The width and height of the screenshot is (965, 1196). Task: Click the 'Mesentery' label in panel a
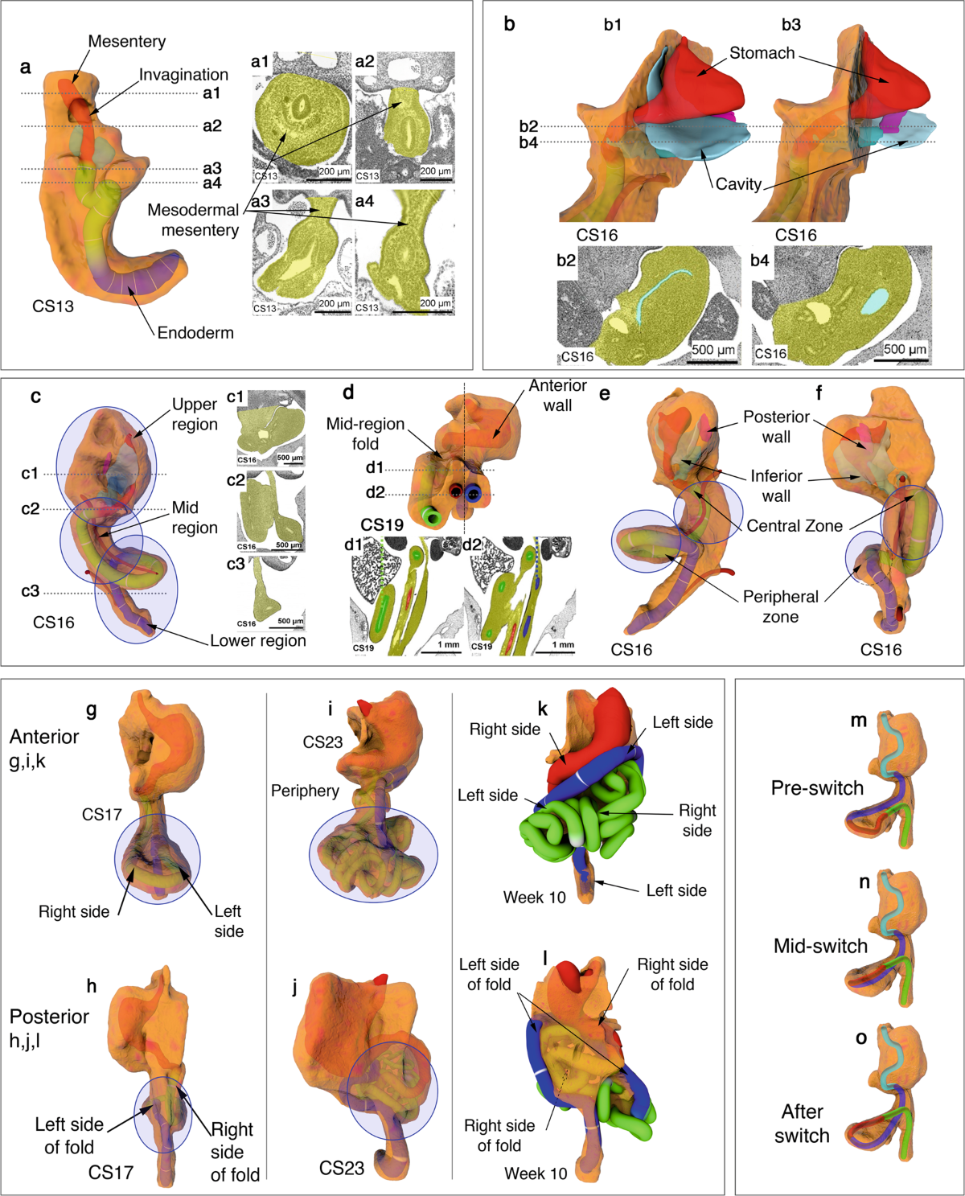tap(126, 41)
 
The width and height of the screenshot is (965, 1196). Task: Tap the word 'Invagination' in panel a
tap(183, 75)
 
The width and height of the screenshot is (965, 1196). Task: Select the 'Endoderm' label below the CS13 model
tap(195, 333)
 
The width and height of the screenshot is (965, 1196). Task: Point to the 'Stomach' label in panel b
tap(762, 53)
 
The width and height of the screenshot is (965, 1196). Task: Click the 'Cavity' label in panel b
tap(738, 184)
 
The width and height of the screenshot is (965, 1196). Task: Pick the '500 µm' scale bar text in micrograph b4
tap(905, 349)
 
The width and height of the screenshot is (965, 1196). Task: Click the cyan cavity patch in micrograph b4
tap(875, 302)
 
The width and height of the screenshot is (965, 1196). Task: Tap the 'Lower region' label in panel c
tap(257, 641)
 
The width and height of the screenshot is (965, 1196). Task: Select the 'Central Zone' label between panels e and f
tap(795, 526)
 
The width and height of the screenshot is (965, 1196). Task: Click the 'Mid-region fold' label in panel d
tap(365, 434)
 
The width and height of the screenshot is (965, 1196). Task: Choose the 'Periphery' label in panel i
tap(305, 791)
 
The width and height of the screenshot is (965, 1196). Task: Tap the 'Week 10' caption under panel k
tap(535, 898)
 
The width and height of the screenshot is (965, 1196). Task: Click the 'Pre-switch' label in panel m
tap(817, 788)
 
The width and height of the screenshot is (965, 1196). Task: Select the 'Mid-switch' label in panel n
tap(820, 947)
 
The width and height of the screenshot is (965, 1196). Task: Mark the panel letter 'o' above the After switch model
tap(861, 1038)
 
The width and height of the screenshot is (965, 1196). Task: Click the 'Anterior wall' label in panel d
tap(557, 395)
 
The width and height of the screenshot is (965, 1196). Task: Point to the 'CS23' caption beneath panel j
tap(342, 1168)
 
